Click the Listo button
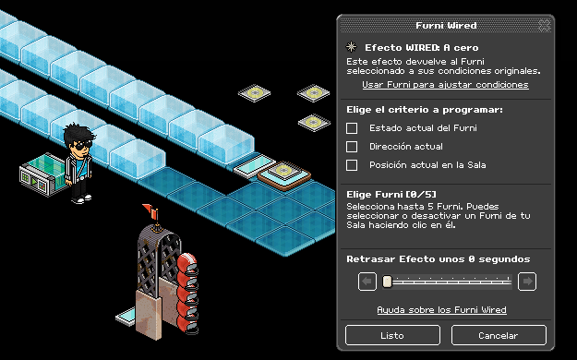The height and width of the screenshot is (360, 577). [392, 335]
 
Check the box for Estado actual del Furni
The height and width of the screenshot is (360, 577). [352, 128]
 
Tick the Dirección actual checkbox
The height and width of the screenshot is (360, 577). [352, 147]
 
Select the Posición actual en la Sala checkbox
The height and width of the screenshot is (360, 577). [352, 165]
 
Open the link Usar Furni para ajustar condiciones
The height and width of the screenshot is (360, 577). [445, 85]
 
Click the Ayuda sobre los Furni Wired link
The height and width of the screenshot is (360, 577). [441, 310]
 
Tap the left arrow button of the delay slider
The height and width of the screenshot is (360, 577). [367, 282]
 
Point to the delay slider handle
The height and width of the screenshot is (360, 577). [387, 282]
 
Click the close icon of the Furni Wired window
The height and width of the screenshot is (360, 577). [545, 26]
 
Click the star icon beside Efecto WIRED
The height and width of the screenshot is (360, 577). [352, 47]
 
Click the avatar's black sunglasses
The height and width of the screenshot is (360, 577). [82, 145]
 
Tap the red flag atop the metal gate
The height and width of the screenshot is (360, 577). [150, 210]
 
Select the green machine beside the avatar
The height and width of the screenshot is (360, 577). [42, 174]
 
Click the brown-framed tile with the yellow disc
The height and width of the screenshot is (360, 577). [283, 175]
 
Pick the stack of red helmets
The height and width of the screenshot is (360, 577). [187, 293]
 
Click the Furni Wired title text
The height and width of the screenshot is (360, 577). [446, 26]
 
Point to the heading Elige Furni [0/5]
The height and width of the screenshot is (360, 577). [391, 195]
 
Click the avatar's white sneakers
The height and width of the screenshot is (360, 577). [81, 199]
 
